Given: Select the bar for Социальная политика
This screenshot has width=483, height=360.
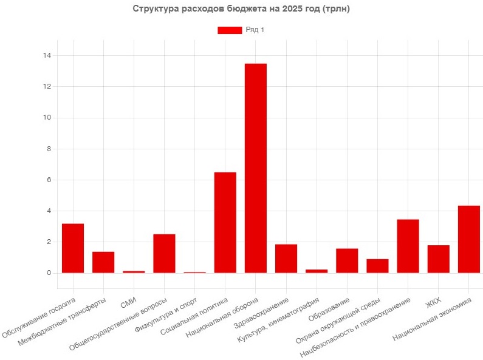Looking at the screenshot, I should coord(225,222).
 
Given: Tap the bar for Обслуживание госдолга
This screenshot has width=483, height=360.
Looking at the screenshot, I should coord(73,248).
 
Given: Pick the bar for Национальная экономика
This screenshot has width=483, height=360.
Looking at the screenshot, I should coord(468,239).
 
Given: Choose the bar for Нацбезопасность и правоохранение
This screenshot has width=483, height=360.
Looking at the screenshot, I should coord(408,246).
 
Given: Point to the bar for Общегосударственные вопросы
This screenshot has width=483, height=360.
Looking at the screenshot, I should coord(164,253).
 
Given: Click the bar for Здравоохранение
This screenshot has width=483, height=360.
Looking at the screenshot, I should coord(286,259).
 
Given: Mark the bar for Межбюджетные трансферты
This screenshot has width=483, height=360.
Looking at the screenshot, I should coord(103,262).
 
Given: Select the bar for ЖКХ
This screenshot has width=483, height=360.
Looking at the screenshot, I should coord(438,259).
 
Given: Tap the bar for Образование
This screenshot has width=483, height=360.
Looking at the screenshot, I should coord(347,260).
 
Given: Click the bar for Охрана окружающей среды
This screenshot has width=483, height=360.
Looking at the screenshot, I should coord(377,266).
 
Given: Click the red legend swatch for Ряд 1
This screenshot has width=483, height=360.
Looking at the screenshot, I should coord(230,30).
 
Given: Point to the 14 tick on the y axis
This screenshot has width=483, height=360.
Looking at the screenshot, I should coord(47,56).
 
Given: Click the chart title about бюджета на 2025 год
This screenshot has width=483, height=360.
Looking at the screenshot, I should coord(241,9).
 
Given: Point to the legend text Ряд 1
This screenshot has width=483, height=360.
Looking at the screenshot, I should coord(255,30).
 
